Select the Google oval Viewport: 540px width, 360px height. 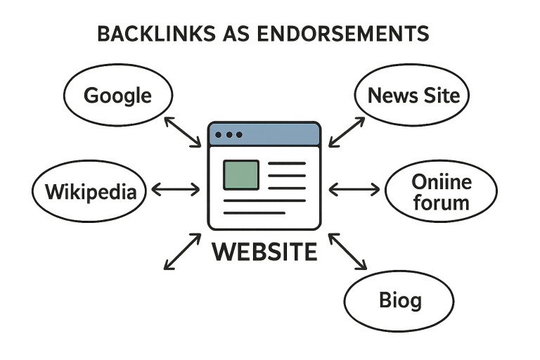(117, 95)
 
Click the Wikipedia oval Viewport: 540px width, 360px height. (90, 190)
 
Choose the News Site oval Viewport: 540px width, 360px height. (412, 95)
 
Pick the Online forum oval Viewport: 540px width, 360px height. (440, 192)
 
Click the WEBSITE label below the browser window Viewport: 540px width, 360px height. (264, 251)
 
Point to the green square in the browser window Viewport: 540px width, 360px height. (240, 174)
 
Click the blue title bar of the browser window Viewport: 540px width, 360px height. (281, 134)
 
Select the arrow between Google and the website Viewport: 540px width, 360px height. (183, 131)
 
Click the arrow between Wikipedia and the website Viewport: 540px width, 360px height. (175, 188)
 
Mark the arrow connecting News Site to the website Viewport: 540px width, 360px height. (347, 131)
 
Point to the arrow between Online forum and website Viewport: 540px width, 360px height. (354, 188)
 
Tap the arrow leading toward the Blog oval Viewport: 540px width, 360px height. (348, 252)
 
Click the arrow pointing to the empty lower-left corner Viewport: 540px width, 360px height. (182, 252)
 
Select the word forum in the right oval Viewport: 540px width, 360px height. (441, 203)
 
